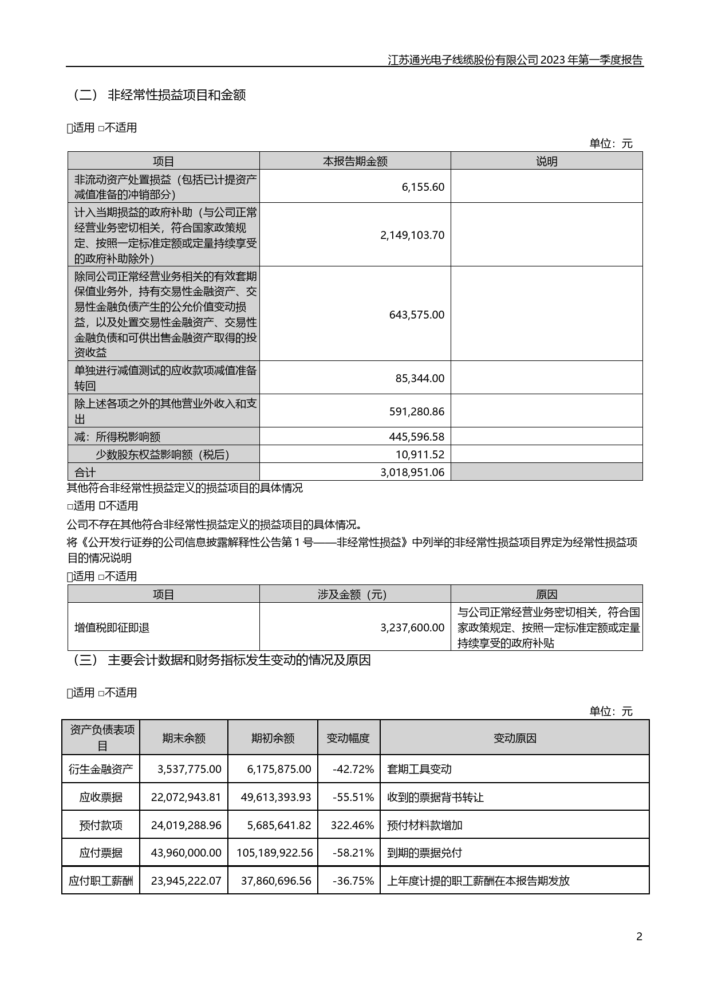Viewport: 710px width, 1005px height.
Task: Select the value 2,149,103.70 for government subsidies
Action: click(412, 235)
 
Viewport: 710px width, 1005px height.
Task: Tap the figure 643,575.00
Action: click(416, 315)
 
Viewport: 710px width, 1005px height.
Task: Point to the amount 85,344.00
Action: click(420, 378)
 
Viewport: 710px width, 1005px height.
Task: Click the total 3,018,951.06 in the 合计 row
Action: click(412, 472)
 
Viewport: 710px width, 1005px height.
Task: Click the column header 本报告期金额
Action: click(355, 161)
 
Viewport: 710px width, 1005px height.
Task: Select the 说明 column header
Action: click(546, 161)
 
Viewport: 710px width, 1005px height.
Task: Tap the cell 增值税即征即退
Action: click(112, 627)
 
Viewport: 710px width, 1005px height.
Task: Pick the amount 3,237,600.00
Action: click(412, 627)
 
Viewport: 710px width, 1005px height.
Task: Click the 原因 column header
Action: click(546, 594)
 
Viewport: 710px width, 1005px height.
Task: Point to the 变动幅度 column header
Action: click(348, 738)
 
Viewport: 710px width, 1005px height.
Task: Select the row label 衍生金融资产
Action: click(101, 769)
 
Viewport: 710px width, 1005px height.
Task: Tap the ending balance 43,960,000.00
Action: click(186, 853)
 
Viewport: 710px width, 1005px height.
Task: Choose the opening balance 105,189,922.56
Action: click(274, 853)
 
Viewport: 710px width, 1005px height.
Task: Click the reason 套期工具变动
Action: click(419, 769)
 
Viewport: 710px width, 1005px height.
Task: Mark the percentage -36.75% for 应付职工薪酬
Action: click(353, 881)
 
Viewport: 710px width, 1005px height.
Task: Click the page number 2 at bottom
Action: click(639, 937)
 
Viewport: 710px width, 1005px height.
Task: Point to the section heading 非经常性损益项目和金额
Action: click(177, 95)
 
